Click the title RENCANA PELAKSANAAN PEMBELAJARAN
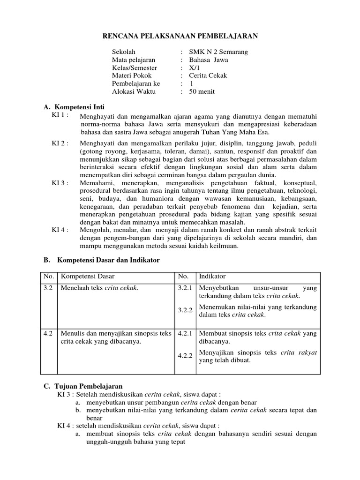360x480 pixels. coord(180,36)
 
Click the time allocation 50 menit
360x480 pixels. coord(202,92)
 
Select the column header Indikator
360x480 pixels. coord(213,277)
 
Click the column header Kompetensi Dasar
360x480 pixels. coord(88,277)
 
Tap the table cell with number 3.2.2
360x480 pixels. coord(185,310)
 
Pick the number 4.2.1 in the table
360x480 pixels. coord(185,334)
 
